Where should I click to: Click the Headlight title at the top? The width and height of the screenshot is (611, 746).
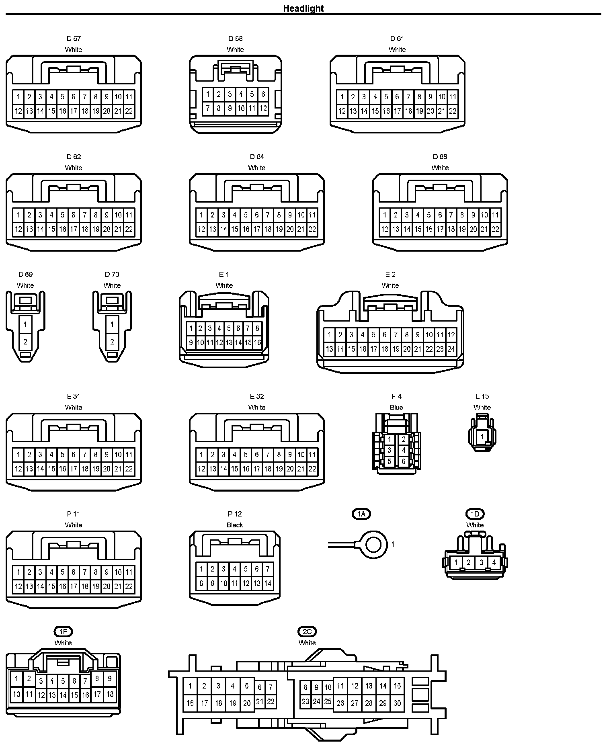click(303, 8)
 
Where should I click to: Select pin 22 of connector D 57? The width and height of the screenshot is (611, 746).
click(129, 111)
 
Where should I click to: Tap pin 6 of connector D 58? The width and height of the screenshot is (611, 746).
click(263, 94)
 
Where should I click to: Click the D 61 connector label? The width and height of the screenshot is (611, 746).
click(397, 39)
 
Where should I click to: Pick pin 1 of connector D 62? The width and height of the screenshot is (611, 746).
click(18, 215)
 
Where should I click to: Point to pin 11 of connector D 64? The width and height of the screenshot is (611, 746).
click(312, 215)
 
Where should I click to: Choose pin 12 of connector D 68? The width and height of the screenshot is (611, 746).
click(385, 230)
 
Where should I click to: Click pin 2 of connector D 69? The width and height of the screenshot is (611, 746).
click(25, 342)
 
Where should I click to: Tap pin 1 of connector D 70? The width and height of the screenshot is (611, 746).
click(112, 324)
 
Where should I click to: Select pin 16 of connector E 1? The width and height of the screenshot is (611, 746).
click(257, 343)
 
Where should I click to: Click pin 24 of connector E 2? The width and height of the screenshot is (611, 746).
click(451, 349)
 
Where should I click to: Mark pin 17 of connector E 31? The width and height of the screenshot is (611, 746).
click(74, 469)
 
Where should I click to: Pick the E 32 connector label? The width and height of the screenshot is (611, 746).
click(257, 396)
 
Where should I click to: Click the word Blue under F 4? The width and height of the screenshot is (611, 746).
click(396, 407)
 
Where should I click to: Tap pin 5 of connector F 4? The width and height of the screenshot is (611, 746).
click(389, 462)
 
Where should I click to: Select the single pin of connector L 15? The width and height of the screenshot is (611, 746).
click(482, 437)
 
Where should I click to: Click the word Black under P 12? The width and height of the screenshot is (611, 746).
click(235, 525)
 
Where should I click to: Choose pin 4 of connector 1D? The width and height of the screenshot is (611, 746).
click(494, 562)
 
